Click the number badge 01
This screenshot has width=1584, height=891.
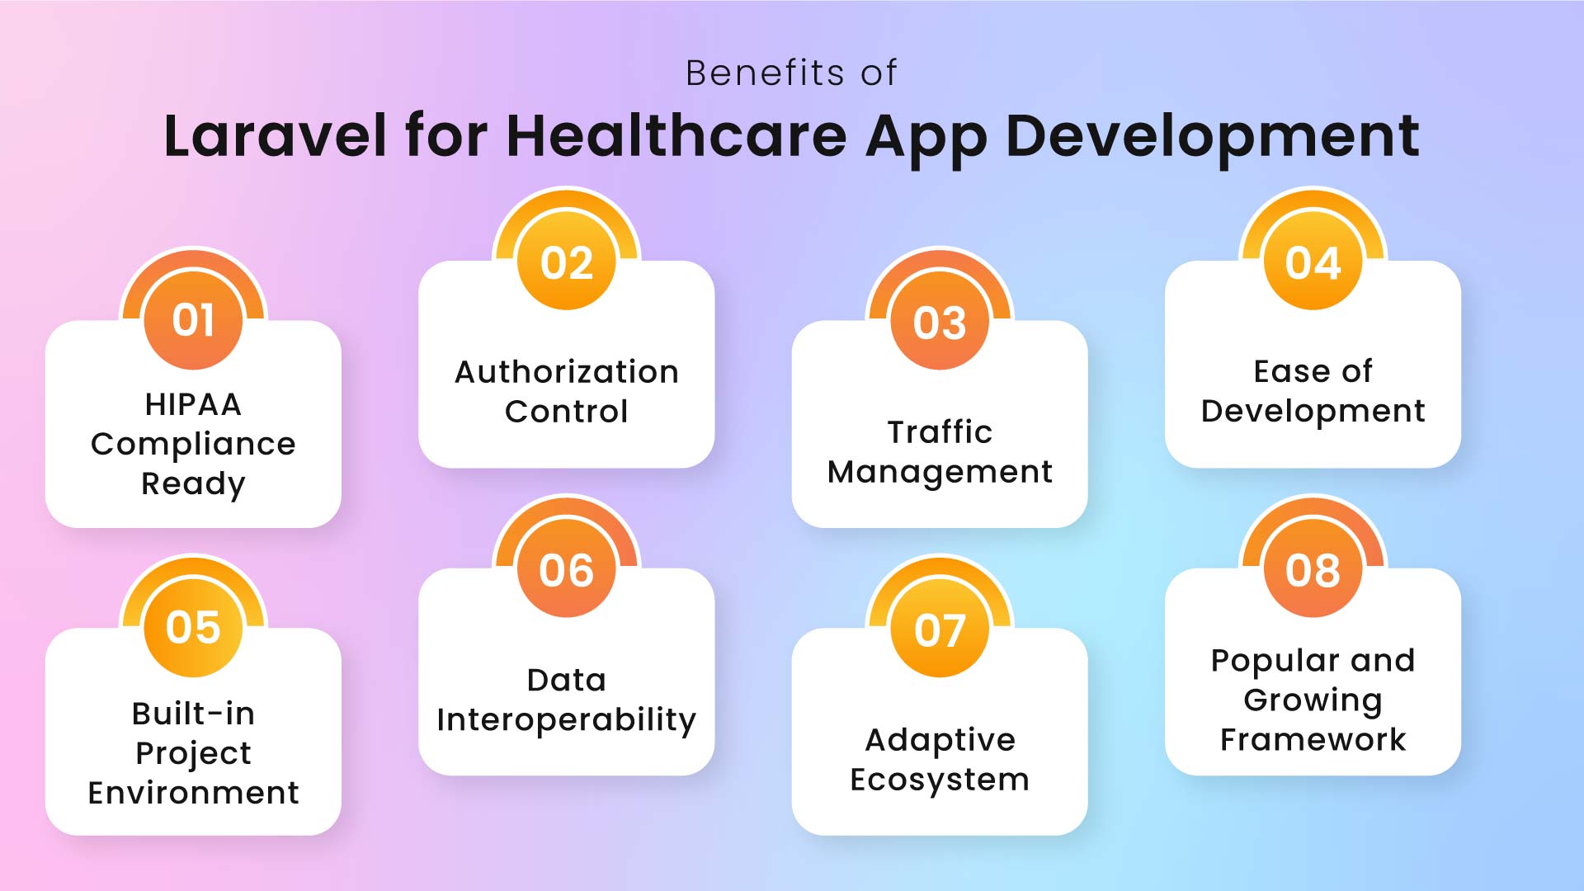click(x=193, y=320)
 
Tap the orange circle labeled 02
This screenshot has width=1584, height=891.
click(x=567, y=263)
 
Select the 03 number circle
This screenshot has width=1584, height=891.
click(x=940, y=323)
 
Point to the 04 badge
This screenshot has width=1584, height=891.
click(x=1313, y=263)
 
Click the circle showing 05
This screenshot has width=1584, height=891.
click(x=193, y=628)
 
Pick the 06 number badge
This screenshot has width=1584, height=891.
click(x=567, y=570)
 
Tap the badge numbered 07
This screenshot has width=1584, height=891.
click(x=940, y=630)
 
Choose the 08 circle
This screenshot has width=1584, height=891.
click(x=1313, y=570)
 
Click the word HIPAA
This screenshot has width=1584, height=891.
click(x=193, y=404)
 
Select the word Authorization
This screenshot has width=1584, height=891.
click(x=567, y=372)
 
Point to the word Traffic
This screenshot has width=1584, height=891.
click(x=940, y=432)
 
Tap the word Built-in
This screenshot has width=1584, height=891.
click(x=193, y=714)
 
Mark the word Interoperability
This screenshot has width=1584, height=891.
click(x=567, y=720)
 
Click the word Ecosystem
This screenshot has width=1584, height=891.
click(x=940, y=780)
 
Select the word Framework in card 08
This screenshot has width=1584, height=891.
click(x=1313, y=740)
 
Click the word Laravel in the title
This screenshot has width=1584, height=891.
click(x=275, y=136)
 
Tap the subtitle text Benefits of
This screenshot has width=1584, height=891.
click(x=791, y=73)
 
